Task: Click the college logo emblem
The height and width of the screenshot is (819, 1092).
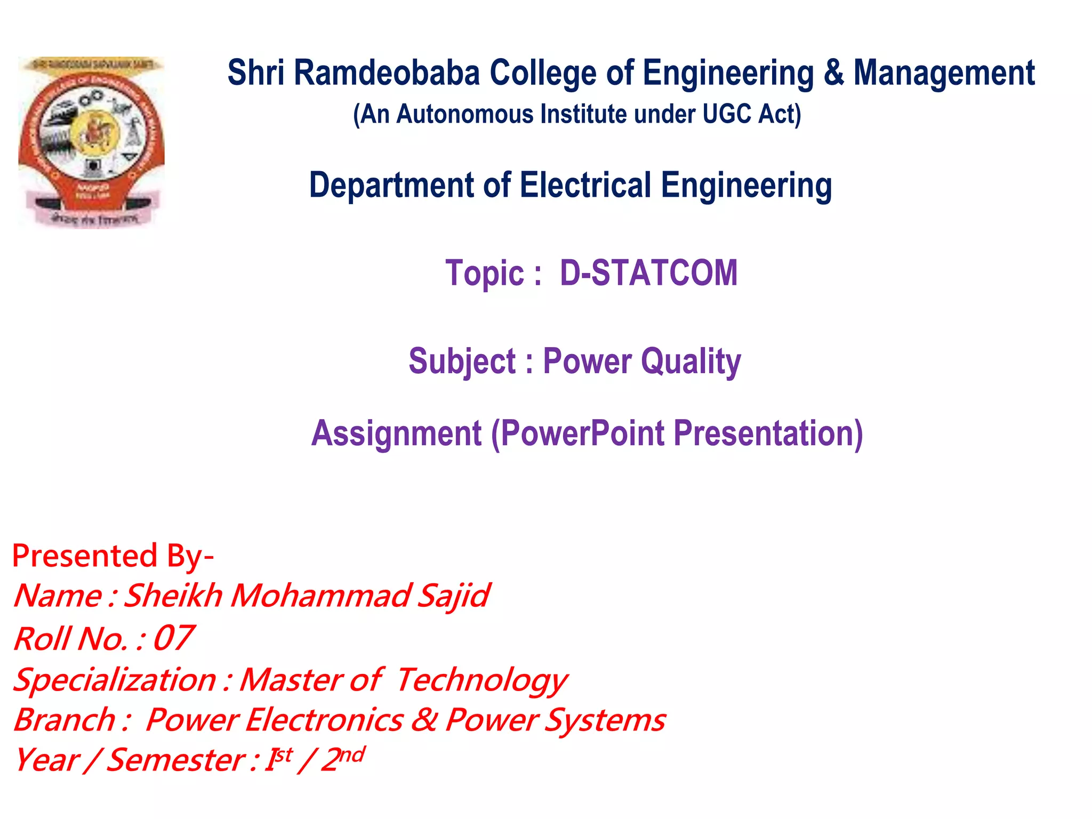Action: [91, 142]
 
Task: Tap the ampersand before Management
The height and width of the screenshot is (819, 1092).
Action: [833, 73]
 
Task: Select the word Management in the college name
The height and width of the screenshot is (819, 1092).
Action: [944, 73]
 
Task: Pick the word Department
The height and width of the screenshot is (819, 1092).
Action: [391, 186]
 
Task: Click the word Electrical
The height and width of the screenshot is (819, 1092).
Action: [585, 185]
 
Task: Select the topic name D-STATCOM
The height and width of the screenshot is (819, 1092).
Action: [648, 273]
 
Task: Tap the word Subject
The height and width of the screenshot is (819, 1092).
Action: [462, 362]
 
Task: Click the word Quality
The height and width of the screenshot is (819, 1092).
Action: [690, 362]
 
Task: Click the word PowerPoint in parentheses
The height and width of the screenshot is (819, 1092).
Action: [583, 433]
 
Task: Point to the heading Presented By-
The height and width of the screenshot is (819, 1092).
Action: [113, 556]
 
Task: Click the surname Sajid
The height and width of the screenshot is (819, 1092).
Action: [453, 596]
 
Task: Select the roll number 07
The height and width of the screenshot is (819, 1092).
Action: [173, 638]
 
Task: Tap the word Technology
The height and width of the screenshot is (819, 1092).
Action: [481, 680]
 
